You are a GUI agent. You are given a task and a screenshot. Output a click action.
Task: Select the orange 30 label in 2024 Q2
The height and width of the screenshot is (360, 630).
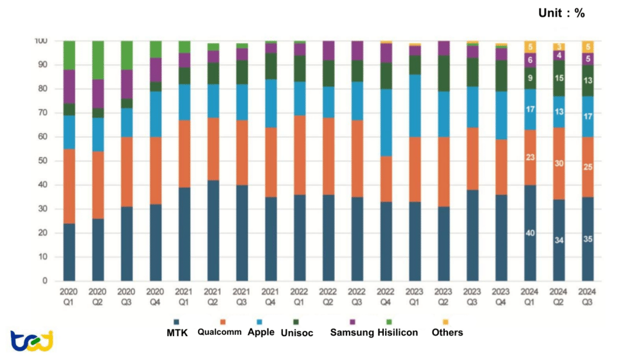point(559,163)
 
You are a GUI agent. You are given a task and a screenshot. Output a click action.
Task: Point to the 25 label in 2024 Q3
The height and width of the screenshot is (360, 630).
point(588,167)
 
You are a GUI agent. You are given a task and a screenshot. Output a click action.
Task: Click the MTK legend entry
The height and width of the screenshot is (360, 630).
point(178,332)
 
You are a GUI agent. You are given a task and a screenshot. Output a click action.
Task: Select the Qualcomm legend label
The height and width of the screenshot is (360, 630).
point(220,332)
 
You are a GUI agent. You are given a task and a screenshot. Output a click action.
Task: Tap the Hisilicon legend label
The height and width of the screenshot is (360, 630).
point(398,332)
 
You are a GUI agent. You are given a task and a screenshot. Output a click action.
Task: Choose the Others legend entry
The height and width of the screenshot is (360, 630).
point(447,332)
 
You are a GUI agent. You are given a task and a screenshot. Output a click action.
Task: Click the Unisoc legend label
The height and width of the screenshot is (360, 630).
point(297,332)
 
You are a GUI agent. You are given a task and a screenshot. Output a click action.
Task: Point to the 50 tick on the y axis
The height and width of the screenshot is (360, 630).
point(41,161)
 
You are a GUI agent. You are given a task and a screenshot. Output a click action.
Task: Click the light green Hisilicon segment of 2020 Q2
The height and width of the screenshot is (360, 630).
point(98,60)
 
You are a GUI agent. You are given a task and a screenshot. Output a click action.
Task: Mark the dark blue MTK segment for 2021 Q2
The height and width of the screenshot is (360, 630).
point(213,230)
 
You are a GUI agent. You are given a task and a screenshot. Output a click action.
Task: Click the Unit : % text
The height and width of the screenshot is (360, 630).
point(562,13)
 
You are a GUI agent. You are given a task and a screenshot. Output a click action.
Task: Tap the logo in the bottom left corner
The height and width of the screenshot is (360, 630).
point(32,340)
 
